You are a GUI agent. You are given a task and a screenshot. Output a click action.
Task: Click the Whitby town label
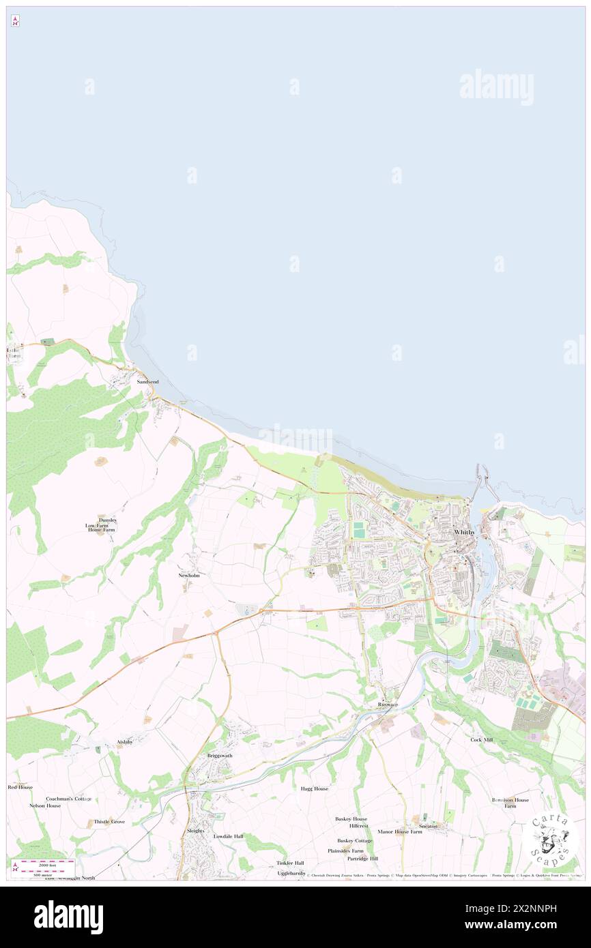coord(464,532)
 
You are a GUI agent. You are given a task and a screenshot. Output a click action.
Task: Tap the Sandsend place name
coord(147,382)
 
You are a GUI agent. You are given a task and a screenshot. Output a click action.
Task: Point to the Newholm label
coord(189,576)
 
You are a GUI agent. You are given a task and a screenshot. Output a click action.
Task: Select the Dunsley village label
coord(107,520)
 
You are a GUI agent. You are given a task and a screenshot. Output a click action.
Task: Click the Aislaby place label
coord(124,742)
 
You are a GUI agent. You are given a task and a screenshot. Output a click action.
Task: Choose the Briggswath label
coord(220,756)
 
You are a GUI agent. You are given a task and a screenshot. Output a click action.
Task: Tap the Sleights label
coord(195,831)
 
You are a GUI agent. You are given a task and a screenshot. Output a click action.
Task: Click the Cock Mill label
coord(481,739)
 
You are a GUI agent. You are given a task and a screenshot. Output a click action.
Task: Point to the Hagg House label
coord(314,788)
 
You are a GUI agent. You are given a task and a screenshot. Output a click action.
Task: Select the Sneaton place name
coord(428,826)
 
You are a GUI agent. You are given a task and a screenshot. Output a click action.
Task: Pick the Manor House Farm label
coord(400,832)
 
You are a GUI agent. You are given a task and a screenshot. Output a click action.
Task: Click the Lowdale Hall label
coord(228,836)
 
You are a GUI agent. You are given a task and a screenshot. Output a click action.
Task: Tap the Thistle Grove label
coord(109,822)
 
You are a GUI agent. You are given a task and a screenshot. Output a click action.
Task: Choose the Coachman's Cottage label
coord(69,799)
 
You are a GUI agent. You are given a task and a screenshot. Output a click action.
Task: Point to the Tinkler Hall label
coord(289,863)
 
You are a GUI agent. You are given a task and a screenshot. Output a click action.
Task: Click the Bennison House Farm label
coord(510,803)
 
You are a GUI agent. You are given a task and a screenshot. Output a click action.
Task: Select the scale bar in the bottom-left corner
coord(46,868)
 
